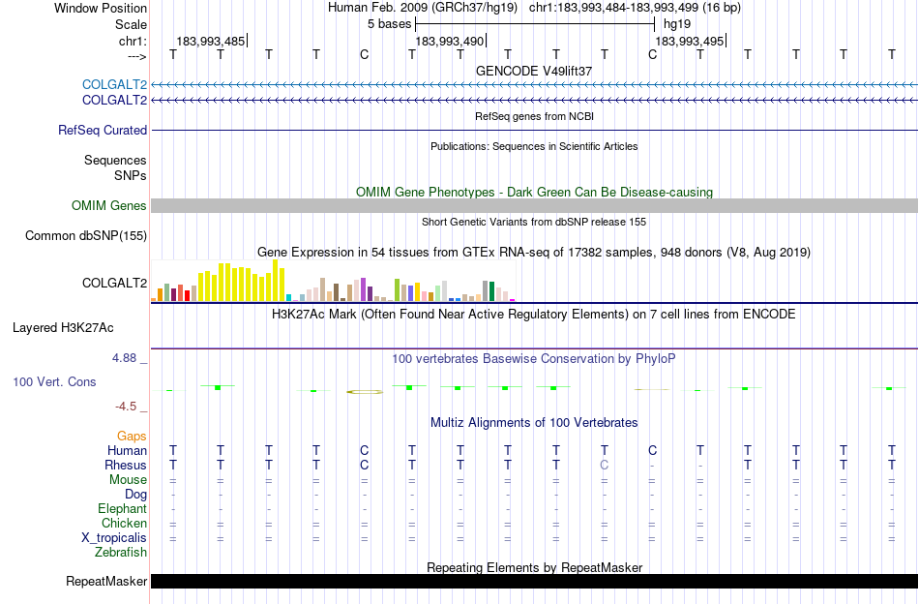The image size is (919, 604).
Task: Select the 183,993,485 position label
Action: coord(210,42)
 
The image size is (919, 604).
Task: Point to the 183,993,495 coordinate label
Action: coord(689,42)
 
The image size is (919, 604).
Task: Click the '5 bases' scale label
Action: coord(390,23)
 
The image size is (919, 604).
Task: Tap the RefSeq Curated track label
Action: coord(103,130)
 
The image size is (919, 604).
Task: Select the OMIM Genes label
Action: coord(109,205)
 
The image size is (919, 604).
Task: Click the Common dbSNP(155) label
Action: coord(86,235)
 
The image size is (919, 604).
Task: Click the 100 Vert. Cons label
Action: coord(54,382)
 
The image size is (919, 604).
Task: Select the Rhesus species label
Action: coord(126,465)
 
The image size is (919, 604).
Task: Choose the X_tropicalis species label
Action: coord(114,537)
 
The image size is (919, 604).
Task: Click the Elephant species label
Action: coord(122,508)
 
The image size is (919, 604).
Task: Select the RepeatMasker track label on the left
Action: coord(106,582)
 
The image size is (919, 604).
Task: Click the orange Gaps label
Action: coord(132,437)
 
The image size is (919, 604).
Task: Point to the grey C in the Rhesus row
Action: coord(605,465)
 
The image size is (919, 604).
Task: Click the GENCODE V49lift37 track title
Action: coord(534,72)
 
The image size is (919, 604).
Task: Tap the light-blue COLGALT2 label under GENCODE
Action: coord(114,84)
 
